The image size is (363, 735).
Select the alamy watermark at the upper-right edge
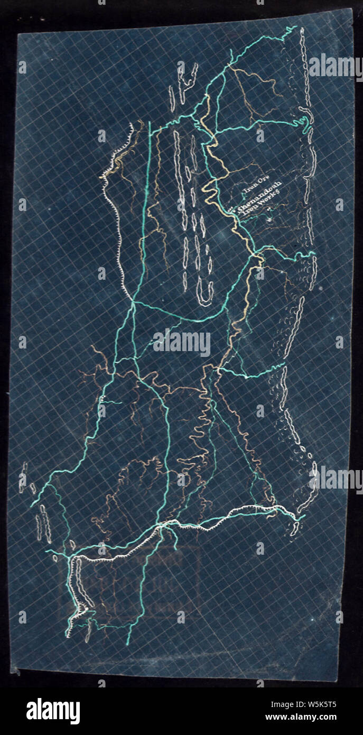pos(336,67)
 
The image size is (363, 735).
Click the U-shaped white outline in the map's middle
pos(205,294)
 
